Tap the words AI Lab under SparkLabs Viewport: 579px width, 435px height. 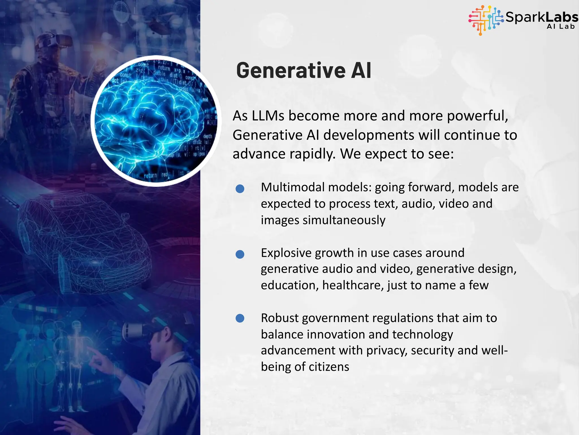[x=561, y=27]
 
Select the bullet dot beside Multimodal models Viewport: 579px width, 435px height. [x=240, y=189]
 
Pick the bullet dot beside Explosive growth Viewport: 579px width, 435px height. [x=240, y=254]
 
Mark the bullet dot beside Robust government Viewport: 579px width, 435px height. [x=240, y=318]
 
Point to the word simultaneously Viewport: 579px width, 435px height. [x=344, y=220]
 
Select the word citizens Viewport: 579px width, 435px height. [x=329, y=367]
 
